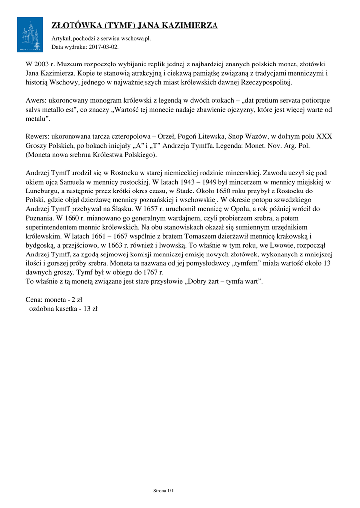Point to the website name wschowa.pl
135,38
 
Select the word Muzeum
72,64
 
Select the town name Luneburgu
43,190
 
